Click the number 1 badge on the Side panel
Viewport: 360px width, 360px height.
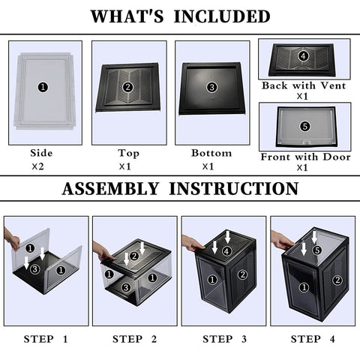point(43,87)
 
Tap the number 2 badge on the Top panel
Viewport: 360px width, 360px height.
point(127,87)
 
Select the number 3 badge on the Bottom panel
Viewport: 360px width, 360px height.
point(212,87)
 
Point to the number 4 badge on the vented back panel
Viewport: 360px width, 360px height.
point(303,56)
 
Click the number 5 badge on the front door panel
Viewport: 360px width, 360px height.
point(304,126)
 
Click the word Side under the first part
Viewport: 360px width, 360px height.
point(41,153)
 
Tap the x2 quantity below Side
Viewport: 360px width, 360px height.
point(39,167)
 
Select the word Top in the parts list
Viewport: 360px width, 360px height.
point(128,153)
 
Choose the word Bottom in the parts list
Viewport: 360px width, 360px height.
point(211,153)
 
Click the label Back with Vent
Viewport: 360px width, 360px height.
point(304,85)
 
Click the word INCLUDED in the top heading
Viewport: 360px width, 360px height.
point(224,16)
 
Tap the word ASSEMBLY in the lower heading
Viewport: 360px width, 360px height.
point(114,189)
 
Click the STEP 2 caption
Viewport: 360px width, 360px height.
point(134,339)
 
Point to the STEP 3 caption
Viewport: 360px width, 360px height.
point(223,339)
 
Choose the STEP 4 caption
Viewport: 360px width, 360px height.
point(312,339)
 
